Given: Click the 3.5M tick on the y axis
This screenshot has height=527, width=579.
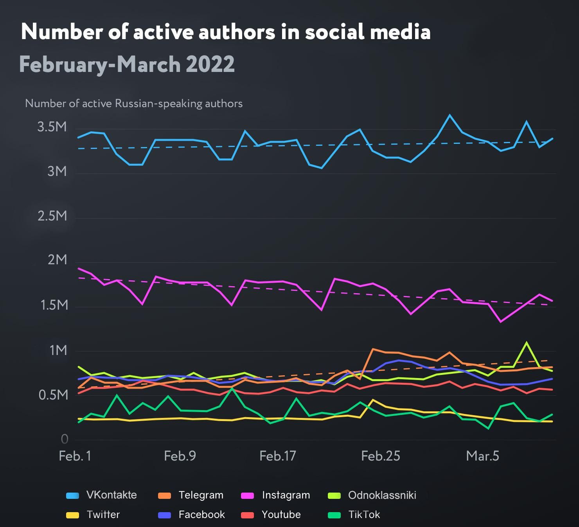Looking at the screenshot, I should point(52,127).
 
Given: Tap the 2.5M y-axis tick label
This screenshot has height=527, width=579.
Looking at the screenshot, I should point(52,216).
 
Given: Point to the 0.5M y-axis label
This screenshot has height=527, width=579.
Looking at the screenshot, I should point(53,395).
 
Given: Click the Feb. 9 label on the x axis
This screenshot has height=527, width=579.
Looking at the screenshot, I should point(180,456).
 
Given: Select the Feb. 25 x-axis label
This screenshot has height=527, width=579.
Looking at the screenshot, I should point(381,456).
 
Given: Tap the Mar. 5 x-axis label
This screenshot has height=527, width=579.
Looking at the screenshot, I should point(483,456).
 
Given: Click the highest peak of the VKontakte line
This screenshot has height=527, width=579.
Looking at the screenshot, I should point(450,115).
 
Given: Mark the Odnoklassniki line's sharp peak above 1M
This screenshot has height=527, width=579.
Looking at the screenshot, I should point(527,342).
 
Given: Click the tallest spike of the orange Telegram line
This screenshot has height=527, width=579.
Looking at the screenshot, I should point(373,349).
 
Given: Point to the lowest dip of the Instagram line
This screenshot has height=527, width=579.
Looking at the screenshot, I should point(500,322).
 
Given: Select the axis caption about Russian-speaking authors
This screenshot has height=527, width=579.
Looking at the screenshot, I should point(134,104).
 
